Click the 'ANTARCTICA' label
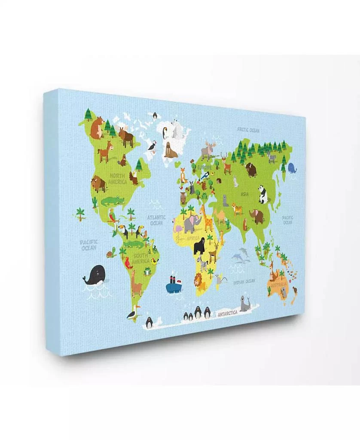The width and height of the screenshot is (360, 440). [x=228, y=314]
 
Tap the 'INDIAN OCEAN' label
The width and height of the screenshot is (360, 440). [x=244, y=282]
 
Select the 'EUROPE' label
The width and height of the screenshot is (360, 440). [x=204, y=166]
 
